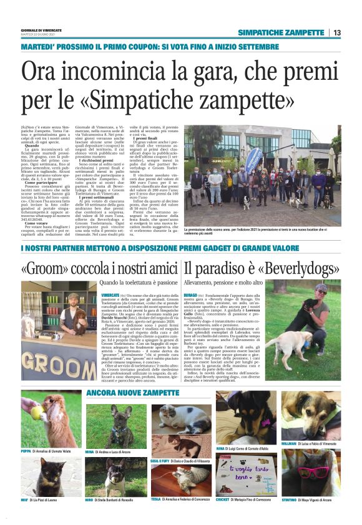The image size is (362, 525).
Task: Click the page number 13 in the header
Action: point(336,32)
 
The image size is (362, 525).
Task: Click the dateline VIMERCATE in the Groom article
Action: point(110,294)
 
